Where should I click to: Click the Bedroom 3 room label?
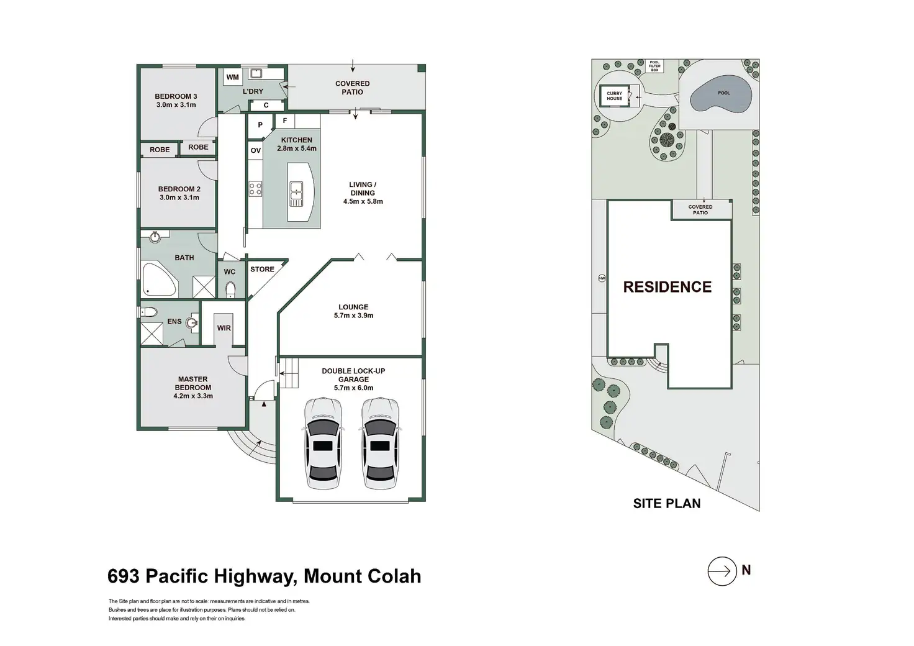pos(176,96)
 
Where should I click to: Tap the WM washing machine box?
pos(232,78)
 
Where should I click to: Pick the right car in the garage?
pos(381,442)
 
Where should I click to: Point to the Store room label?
pos(262,270)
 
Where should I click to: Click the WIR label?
pos(224,328)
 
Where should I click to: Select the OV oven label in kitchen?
pos(255,151)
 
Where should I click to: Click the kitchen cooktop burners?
pos(255,188)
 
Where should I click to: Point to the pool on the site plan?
pos(722,97)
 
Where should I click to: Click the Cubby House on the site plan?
pos(615,96)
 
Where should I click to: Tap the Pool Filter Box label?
pos(654,66)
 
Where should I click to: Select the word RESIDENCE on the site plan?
pos(667,287)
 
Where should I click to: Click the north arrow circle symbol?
pos(721,570)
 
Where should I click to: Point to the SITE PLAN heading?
pos(667,504)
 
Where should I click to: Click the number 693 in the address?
pos(123,576)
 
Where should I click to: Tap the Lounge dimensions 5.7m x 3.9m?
pos(353,316)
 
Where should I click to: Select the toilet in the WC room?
pos(230,289)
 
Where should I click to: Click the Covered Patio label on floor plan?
pos(352,88)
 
